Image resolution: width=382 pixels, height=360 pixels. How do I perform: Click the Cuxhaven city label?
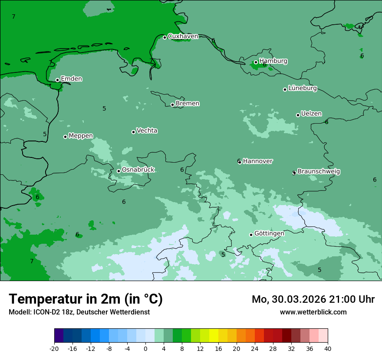[183, 36]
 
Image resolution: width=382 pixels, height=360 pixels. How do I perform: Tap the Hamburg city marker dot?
[256, 62]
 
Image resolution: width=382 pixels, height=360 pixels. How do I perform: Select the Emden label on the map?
[71, 79]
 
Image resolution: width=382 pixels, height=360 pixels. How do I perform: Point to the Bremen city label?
[187, 104]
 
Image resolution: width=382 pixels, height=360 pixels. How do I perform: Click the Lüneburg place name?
[302, 88]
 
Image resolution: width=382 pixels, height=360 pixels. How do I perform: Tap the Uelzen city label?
[311, 114]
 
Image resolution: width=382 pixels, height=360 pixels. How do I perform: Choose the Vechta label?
[147, 131]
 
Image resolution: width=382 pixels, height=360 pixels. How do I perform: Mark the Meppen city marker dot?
[65, 137]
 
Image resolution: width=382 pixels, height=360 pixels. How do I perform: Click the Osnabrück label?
[138, 170]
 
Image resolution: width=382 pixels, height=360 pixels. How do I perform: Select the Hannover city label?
[257, 161]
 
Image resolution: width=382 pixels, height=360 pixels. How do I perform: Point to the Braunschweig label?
[319, 172]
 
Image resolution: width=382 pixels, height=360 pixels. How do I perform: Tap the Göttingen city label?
[269, 234]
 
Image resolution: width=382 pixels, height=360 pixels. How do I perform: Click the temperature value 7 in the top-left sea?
[13, 16]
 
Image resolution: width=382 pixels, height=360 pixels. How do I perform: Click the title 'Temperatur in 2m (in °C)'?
[86, 299]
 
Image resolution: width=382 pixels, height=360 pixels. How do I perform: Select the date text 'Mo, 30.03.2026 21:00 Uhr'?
[313, 299]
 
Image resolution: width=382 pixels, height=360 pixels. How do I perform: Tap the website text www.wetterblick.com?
[313, 312]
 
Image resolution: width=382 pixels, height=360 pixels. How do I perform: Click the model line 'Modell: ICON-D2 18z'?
[79, 312]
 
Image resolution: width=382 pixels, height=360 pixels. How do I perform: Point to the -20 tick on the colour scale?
[54, 349]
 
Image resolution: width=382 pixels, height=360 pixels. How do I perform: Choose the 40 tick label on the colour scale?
[328, 349]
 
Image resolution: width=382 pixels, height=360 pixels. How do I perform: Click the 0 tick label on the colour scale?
[145, 349]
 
